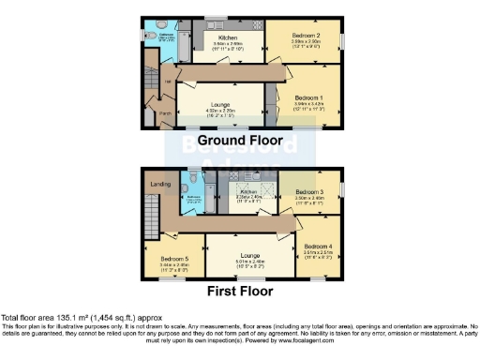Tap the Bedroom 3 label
point(307,191)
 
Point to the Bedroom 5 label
point(174,258)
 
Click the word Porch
point(165,113)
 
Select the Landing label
point(160,184)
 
